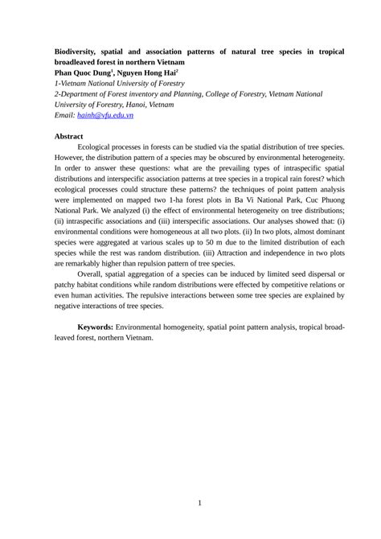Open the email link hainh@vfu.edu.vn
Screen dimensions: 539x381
pos(104,115)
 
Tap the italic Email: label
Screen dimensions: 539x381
pos(64,115)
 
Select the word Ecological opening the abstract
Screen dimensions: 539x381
pos(98,148)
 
